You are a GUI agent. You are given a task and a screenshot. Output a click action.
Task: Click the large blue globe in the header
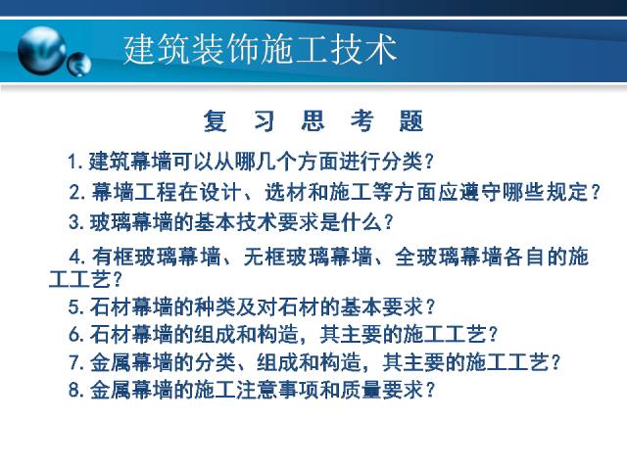click(42, 50)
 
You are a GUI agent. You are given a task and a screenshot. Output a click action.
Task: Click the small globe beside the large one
click(79, 65)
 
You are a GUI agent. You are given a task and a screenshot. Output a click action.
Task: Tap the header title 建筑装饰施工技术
click(261, 50)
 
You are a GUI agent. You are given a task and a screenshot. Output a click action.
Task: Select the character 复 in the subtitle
click(216, 120)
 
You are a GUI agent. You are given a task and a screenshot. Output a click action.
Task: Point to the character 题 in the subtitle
click(411, 120)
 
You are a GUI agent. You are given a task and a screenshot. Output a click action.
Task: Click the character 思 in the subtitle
click(313, 120)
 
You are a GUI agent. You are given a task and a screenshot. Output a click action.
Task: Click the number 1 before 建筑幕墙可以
click(72, 162)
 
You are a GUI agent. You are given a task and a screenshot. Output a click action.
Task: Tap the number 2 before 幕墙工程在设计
click(74, 192)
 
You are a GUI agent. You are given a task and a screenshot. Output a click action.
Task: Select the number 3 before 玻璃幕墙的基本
click(74, 222)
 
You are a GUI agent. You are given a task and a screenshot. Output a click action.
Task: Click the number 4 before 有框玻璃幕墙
click(75, 257)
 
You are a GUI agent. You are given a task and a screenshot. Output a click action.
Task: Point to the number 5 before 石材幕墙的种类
click(74, 306)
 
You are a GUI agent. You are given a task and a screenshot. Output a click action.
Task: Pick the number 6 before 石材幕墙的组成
click(74, 334)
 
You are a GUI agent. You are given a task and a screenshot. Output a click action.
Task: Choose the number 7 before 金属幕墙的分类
click(74, 362)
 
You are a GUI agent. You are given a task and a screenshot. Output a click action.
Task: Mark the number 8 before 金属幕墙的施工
click(74, 390)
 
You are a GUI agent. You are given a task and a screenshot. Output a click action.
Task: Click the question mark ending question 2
click(596, 192)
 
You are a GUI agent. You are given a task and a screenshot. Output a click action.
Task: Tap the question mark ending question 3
click(388, 222)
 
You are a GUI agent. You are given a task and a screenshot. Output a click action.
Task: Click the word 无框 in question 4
click(265, 257)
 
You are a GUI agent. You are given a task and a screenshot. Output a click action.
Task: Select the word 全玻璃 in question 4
click(427, 257)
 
